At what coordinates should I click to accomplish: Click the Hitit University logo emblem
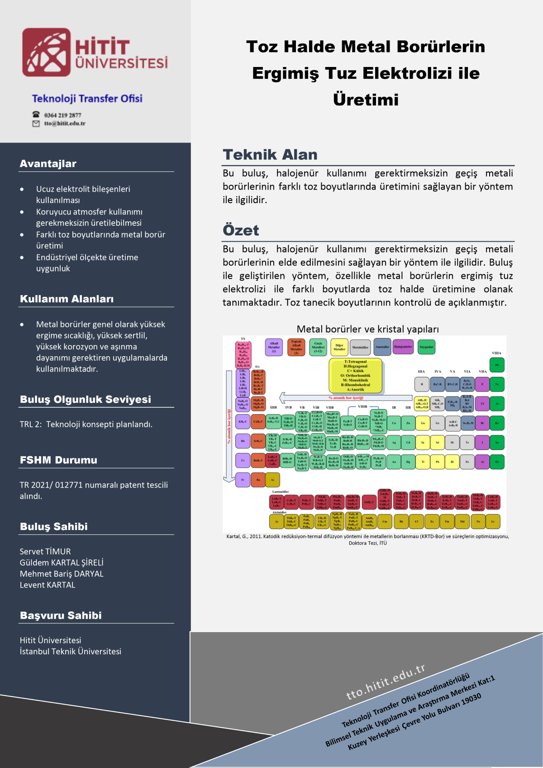coord(47,52)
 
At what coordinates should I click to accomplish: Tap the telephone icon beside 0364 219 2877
coord(36,114)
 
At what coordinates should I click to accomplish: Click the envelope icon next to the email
coord(36,124)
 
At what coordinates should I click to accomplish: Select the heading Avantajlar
coord(48,164)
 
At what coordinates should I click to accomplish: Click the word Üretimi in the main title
coord(366,100)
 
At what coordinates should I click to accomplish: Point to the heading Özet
coord(241,230)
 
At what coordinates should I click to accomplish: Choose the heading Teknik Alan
coord(270,155)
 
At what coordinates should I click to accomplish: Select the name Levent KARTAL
coord(48,585)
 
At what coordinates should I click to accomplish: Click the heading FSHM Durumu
coord(58,460)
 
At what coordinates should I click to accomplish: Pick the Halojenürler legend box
coord(403,347)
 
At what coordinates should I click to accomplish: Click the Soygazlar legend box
coord(426,347)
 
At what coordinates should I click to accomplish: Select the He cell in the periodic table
coord(497,365)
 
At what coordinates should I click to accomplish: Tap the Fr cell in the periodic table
coord(243,480)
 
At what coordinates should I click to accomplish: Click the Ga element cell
coord(423,423)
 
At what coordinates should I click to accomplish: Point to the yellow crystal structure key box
coord(356,376)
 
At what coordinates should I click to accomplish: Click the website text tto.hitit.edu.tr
coord(386,682)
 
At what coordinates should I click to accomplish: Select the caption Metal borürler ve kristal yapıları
coord(367,329)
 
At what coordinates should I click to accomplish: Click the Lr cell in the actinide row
coord(493,521)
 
